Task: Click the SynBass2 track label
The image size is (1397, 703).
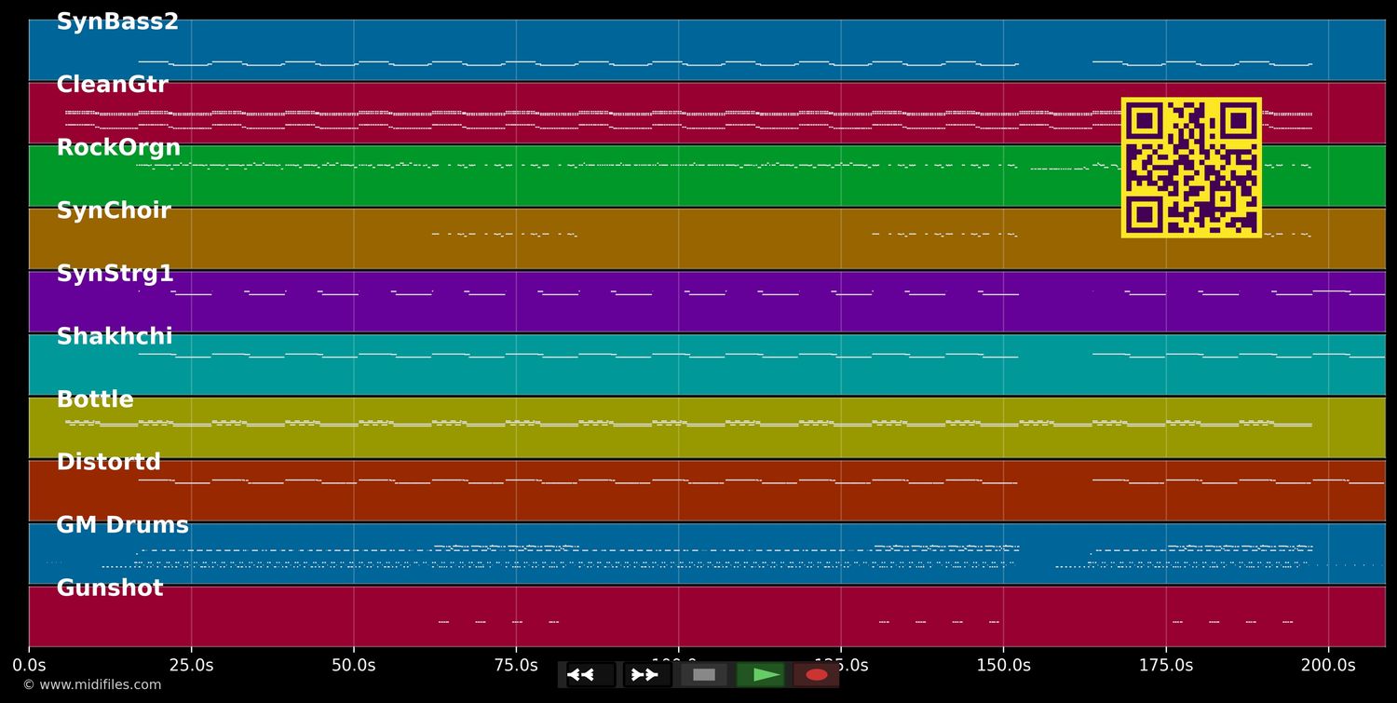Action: click(x=117, y=22)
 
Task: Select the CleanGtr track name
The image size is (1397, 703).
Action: click(x=112, y=85)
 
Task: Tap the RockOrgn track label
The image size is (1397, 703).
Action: click(x=118, y=148)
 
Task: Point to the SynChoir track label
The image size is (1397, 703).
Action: click(x=114, y=210)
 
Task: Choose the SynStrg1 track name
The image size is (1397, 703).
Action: click(x=115, y=274)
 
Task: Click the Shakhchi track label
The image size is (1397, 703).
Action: click(x=115, y=336)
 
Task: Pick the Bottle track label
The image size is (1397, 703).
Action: click(x=95, y=399)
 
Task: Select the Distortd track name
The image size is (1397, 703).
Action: click(x=108, y=462)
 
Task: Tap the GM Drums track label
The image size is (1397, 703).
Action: click(x=122, y=525)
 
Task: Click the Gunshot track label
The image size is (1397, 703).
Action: click(x=109, y=588)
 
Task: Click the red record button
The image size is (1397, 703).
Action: click(x=817, y=675)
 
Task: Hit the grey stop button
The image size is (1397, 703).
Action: click(x=704, y=675)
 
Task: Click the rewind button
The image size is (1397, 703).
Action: click(x=590, y=675)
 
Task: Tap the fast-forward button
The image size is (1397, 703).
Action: click(x=646, y=675)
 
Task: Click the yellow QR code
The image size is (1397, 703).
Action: click(x=1191, y=168)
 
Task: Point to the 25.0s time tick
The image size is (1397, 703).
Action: click(x=191, y=666)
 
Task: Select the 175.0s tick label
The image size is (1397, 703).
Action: click(x=1165, y=666)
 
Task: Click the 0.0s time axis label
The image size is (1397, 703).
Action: click(x=29, y=666)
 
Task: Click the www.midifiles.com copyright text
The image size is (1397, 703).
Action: click(x=91, y=685)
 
